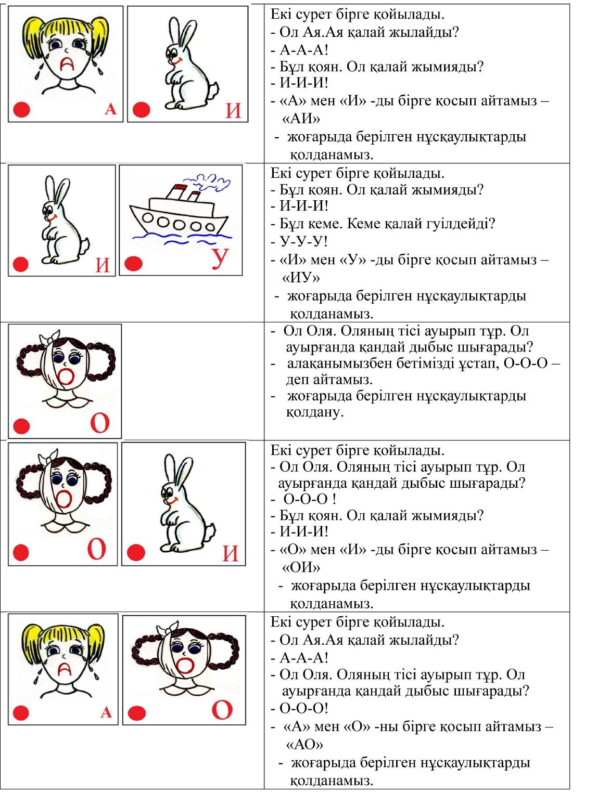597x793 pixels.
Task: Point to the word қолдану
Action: pyautogui.click(x=314, y=412)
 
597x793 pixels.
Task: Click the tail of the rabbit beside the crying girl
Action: pyautogui.click(x=211, y=90)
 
